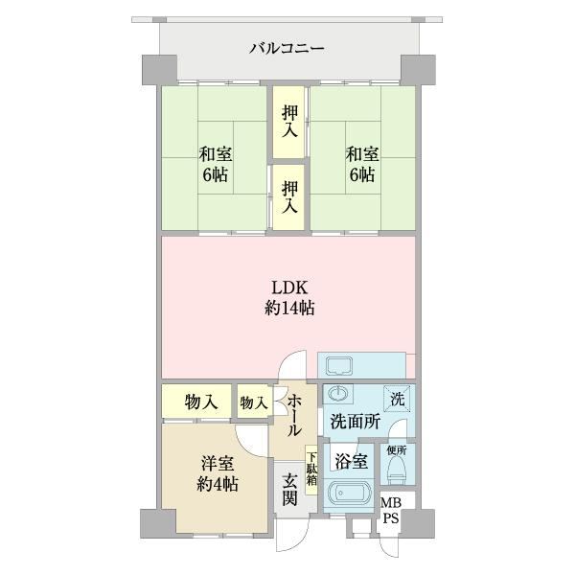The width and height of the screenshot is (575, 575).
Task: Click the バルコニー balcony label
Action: [x=287, y=49]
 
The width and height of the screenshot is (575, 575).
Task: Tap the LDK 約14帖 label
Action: [x=289, y=298]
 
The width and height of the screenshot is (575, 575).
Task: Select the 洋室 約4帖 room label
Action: [x=218, y=474]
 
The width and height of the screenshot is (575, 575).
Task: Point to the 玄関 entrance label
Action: [x=289, y=489]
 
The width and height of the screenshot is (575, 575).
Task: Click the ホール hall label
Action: [x=294, y=415]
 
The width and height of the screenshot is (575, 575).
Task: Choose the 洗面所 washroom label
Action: [x=355, y=422]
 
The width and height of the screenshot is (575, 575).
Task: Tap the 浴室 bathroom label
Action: [x=352, y=461]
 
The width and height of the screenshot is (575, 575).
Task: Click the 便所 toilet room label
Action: [x=397, y=450]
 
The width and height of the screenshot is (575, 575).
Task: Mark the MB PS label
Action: [x=391, y=511]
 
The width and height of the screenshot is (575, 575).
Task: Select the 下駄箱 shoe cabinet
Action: [x=311, y=470]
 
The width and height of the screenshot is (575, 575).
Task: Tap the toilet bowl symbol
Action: [x=397, y=471]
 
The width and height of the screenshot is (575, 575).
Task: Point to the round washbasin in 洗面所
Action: [x=337, y=394]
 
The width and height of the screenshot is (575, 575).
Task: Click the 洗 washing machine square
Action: [x=397, y=399]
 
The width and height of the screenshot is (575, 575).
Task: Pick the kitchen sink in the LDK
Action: [x=339, y=367]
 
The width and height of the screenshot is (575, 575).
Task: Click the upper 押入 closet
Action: [x=289, y=122]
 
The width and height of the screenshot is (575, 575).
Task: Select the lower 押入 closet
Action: [x=289, y=197]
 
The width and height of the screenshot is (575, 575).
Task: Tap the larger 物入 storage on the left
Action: [x=196, y=401]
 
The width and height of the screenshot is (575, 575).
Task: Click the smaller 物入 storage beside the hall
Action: [x=254, y=401]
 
